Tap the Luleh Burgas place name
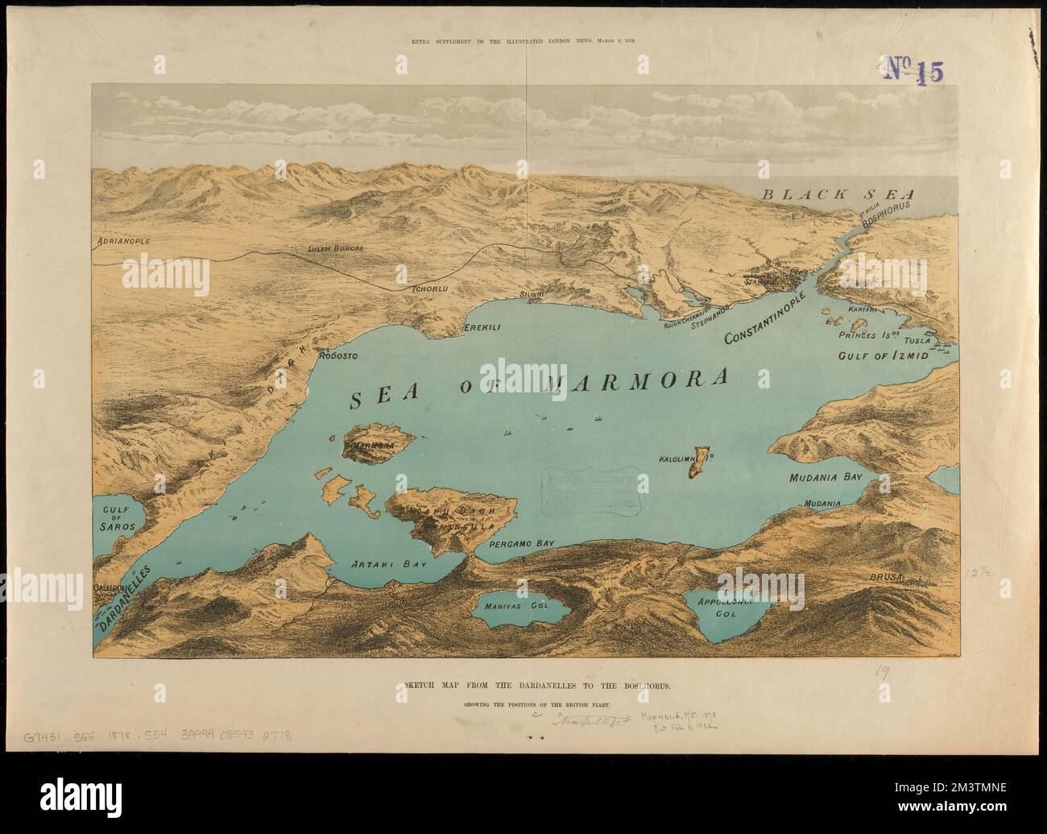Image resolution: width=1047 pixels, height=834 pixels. (336, 249)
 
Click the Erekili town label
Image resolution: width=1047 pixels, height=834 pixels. (482, 329)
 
